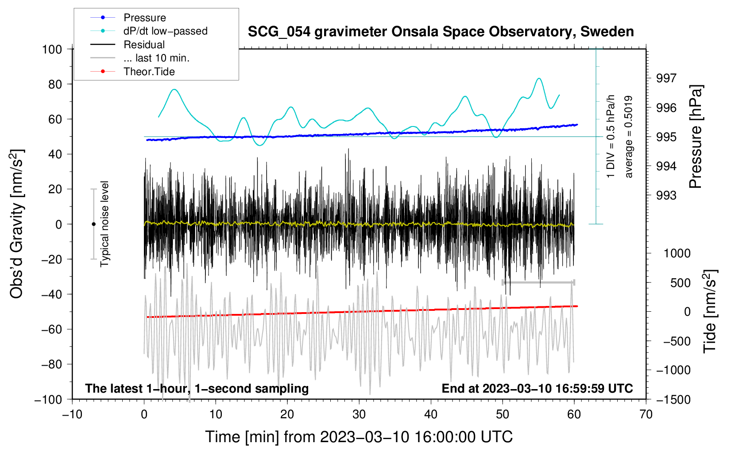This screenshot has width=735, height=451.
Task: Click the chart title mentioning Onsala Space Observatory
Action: coord(441,32)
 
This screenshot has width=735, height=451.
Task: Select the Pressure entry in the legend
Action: coord(144,18)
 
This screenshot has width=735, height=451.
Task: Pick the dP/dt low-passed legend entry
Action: coord(165,31)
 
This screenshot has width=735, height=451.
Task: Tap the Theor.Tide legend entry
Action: coord(149,72)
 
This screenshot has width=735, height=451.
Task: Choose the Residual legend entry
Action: coord(144,45)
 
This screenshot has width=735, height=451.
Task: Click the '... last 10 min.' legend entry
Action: coord(156,58)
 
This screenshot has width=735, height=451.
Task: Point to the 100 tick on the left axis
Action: coord(52,49)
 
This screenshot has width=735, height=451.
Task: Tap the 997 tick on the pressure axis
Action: coord(666,78)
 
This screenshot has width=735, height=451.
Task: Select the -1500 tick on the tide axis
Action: coord(673,399)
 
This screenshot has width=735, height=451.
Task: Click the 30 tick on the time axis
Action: coord(359,414)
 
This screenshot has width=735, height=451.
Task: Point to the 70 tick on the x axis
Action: coord(646,414)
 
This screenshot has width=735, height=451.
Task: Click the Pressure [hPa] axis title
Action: coord(696,137)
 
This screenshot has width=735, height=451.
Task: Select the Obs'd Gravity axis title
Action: coord(17,224)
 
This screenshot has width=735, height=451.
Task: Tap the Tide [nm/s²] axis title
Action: coord(710,311)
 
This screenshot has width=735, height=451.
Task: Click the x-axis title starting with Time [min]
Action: coord(359,437)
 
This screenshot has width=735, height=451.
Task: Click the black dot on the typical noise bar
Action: coord(93,224)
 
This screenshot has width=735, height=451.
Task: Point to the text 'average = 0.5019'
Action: coord(629,137)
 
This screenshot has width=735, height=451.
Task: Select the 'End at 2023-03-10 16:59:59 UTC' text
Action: coord(537,388)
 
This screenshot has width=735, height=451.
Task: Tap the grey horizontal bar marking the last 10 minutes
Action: coord(538,282)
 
